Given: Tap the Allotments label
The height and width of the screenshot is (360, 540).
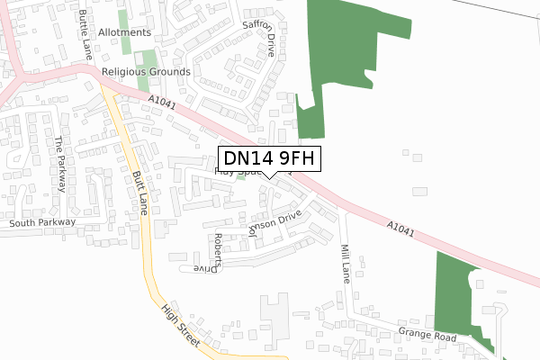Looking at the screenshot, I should coord(124,32).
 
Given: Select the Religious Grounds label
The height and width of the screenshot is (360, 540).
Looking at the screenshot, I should coord(146,71).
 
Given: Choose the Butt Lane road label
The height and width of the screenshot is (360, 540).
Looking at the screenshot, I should coord(139,193).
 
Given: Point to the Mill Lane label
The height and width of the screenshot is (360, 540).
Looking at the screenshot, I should coord(344,264).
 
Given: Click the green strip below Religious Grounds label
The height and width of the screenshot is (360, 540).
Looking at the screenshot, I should coord(141,85).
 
